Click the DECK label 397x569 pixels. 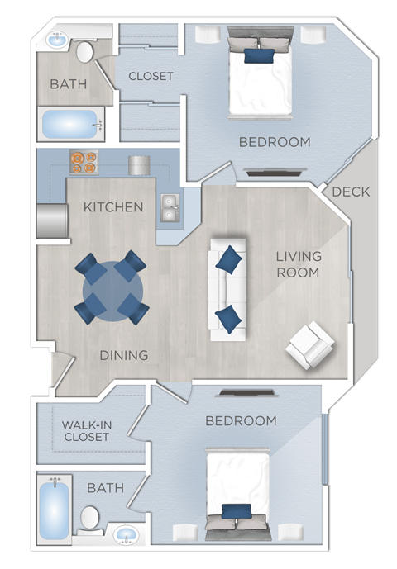[x=351, y=192]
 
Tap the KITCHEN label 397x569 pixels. [x=113, y=206]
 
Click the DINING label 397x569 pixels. [x=124, y=355]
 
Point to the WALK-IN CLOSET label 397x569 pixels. [x=85, y=431]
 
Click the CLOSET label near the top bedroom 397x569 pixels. [x=151, y=76]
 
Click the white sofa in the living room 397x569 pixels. [x=227, y=289]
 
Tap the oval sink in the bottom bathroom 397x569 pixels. [x=126, y=534]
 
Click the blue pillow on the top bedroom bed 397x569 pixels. [x=259, y=55]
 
